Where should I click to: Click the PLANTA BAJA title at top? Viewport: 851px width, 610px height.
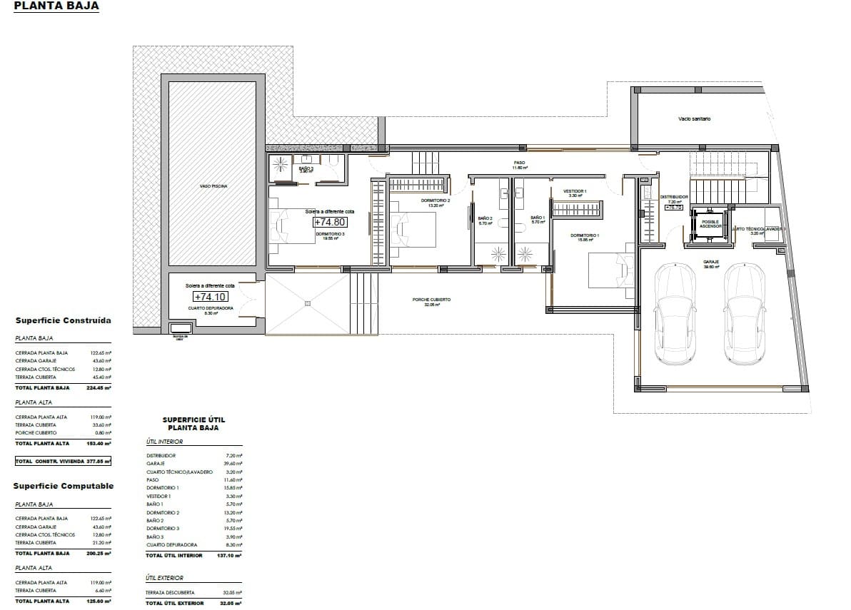[56, 6]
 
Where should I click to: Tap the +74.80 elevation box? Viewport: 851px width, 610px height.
[330, 222]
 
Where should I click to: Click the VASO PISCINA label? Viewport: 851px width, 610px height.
[213, 186]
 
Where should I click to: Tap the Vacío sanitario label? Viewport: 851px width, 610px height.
[694, 119]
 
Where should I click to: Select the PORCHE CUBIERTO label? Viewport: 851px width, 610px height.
[431, 300]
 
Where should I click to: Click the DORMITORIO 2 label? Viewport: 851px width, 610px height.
[435, 201]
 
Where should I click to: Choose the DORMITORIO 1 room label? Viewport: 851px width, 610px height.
[584, 235]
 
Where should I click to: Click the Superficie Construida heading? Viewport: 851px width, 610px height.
[63, 321]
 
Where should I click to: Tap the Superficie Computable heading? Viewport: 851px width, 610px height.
[64, 486]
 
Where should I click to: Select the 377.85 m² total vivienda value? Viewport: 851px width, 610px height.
[99, 462]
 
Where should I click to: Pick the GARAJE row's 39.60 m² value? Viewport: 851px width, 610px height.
[233, 464]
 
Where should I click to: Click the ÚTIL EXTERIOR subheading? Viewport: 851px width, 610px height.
[164, 578]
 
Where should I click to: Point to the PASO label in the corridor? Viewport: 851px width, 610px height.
[519, 163]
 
